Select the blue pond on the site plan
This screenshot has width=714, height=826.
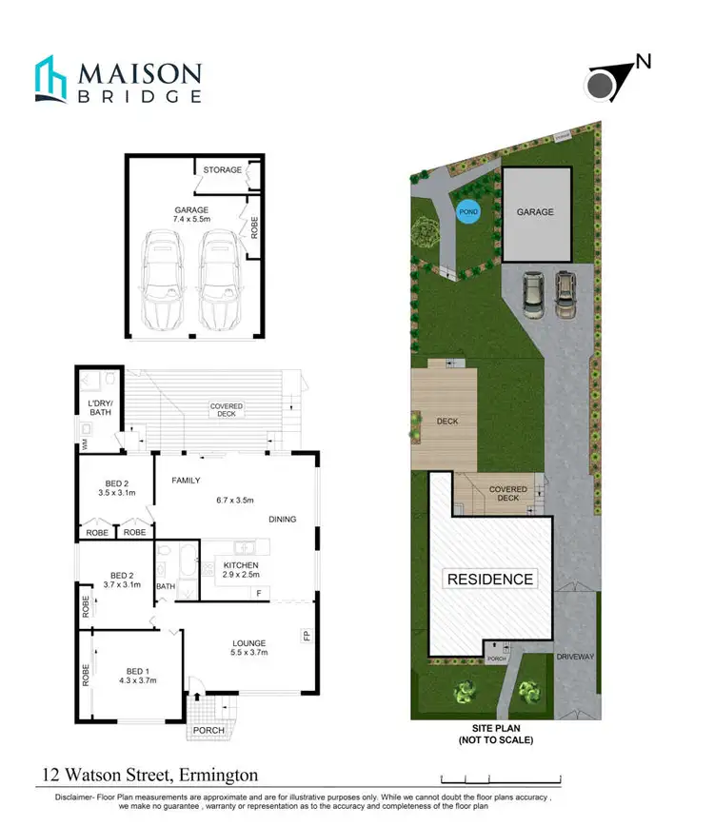tap(468, 211)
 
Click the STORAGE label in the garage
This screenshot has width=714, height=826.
tap(223, 170)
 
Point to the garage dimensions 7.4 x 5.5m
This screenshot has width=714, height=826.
tap(190, 219)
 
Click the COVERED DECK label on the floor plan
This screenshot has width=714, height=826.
tap(227, 410)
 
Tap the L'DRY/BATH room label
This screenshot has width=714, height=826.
tap(100, 407)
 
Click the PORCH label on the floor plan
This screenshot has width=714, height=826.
tap(209, 732)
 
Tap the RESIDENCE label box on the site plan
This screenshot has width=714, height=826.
tap(490, 579)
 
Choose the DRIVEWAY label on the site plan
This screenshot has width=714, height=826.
tap(576, 658)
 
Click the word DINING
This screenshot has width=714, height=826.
tap(283, 520)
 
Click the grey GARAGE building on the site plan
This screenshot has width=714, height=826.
tap(536, 214)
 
